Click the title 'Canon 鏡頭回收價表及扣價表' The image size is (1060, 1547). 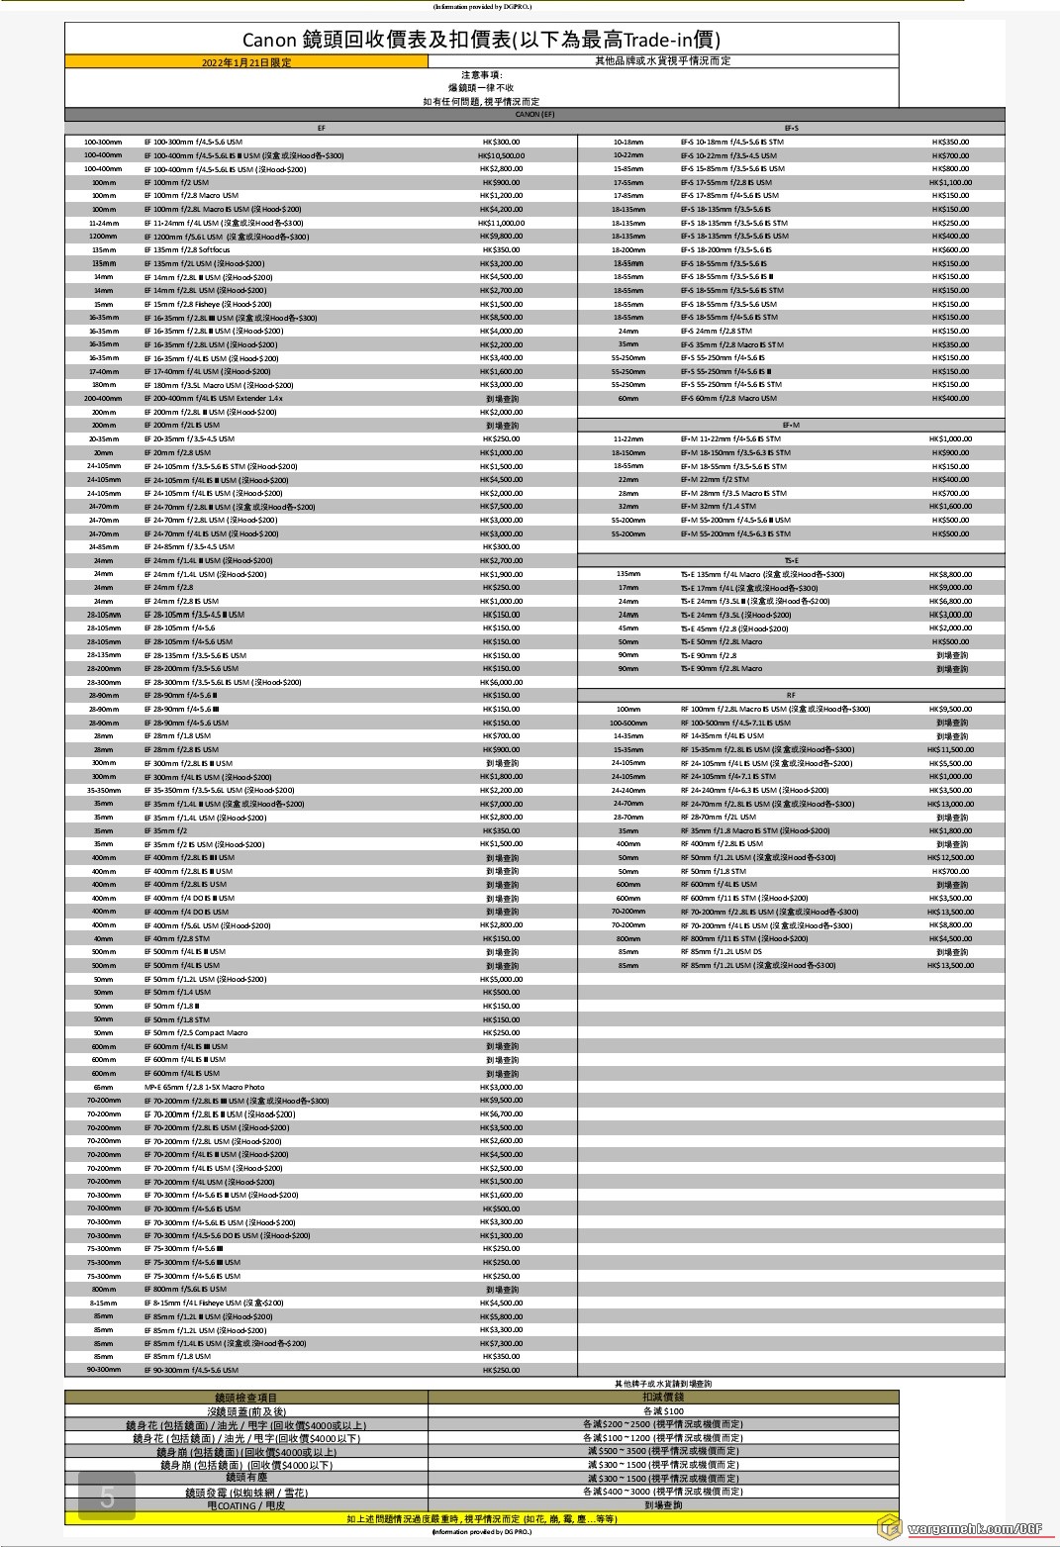click(481, 40)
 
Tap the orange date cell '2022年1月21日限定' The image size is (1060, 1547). click(246, 62)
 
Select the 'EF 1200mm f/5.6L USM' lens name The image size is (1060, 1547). click(227, 237)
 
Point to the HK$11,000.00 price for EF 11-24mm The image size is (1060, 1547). click(501, 223)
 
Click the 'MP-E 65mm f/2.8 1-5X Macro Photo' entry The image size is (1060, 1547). click(205, 1087)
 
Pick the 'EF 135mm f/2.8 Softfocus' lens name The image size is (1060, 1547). click(187, 250)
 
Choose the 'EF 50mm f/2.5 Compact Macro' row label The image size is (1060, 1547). click(196, 1032)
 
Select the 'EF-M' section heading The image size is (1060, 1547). click(791, 425)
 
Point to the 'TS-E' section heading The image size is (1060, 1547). click(791, 560)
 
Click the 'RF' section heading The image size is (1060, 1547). click(791, 695)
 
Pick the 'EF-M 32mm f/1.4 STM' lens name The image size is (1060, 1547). click(718, 507)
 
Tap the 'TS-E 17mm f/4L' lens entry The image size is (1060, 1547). click(748, 588)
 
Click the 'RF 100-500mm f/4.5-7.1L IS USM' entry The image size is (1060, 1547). click(735, 723)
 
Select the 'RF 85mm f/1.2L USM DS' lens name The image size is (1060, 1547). click(721, 952)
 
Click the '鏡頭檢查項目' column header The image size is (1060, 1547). click(246, 1398)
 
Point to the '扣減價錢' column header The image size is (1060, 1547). click(663, 1397)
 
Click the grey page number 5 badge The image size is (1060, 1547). click(107, 1498)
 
